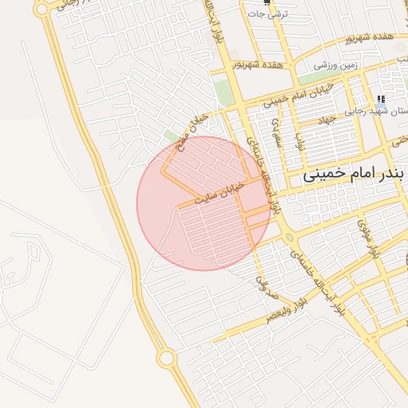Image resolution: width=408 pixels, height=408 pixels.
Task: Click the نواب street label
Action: (x=300, y=141)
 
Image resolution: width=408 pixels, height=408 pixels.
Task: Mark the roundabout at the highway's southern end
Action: (x=166, y=359)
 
